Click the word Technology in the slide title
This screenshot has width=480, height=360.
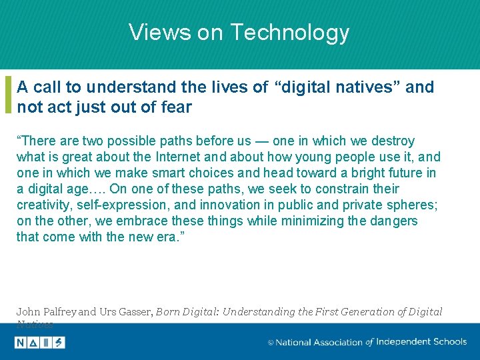(x=289, y=32)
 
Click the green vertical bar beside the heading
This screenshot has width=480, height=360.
(x=8, y=95)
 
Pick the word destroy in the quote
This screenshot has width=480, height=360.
(x=392, y=141)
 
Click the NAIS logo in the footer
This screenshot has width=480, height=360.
(x=40, y=342)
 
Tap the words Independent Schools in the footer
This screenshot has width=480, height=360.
(x=421, y=341)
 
